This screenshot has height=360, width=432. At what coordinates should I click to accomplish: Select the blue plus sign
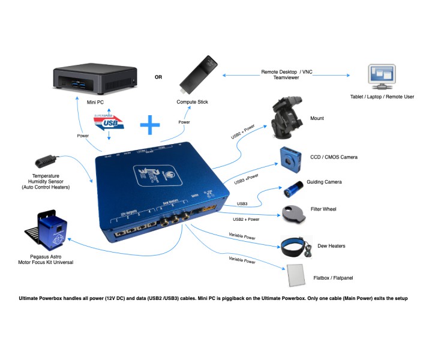150,125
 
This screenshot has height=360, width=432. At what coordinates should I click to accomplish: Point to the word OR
158,77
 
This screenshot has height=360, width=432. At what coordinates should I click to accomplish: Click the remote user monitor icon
382,77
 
